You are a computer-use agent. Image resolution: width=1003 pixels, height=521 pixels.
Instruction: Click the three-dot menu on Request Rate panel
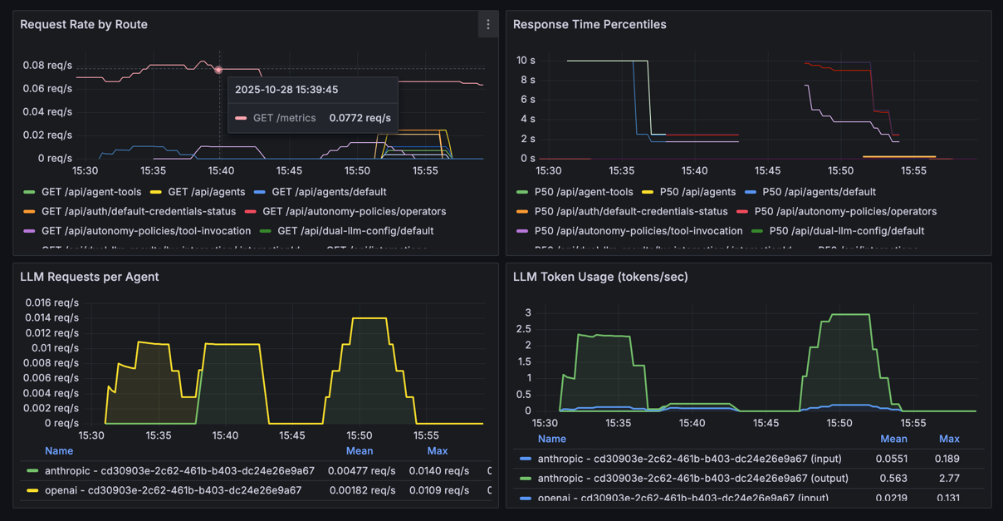(x=488, y=25)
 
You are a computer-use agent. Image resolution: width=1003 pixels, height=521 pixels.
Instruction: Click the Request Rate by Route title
(x=84, y=25)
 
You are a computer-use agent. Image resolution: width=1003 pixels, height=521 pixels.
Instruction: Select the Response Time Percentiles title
(x=590, y=25)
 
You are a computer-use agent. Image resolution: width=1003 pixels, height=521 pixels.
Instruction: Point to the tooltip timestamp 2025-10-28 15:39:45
(x=286, y=90)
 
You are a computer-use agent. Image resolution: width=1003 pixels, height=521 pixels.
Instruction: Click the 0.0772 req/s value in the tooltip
(x=360, y=118)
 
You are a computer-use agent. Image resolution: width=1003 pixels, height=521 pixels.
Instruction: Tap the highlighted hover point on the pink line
(x=218, y=71)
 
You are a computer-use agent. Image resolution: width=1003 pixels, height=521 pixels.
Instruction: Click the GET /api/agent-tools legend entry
(x=91, y=192)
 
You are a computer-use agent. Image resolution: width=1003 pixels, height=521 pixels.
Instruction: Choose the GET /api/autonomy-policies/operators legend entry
(x=354, y=212)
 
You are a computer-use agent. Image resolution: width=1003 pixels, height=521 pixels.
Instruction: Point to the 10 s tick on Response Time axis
(x=526, y=61)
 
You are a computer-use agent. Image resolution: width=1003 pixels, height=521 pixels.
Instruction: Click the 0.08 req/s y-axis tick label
(x=47, y=65)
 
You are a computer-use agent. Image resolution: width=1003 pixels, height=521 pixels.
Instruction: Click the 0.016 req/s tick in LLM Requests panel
(x=52, y=302)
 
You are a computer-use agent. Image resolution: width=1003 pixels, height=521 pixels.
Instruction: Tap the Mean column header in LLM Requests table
(x=360, y=451)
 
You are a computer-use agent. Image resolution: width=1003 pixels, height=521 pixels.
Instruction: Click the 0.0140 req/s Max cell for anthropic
(x=439, y=470)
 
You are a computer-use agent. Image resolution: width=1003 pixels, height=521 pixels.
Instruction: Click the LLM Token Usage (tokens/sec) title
(x=600, y=277)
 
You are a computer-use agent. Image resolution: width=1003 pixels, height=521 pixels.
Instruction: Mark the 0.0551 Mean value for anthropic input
(x=893, y=459)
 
